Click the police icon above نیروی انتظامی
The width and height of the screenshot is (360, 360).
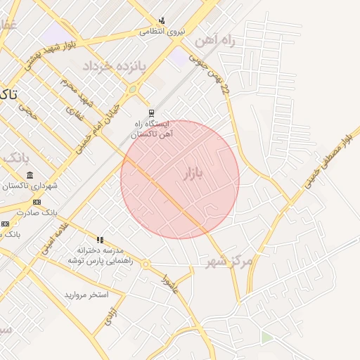tap(162, 20)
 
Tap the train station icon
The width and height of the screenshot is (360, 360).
tap(151, 112)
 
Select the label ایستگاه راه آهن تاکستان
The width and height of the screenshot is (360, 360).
tap(153, 129)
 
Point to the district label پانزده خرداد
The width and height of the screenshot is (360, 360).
tap(113, 67)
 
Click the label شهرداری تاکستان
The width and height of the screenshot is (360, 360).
tap(29, 186)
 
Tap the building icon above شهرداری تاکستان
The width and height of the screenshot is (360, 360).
tap(29, 175)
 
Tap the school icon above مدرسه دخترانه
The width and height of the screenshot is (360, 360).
tap(100, 240)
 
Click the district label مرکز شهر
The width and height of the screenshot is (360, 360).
tap(229, 262)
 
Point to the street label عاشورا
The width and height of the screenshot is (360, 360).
tap(169, 281)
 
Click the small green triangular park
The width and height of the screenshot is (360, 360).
tap(266, 338)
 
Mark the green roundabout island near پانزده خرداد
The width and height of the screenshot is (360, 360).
tap(132, 89)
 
